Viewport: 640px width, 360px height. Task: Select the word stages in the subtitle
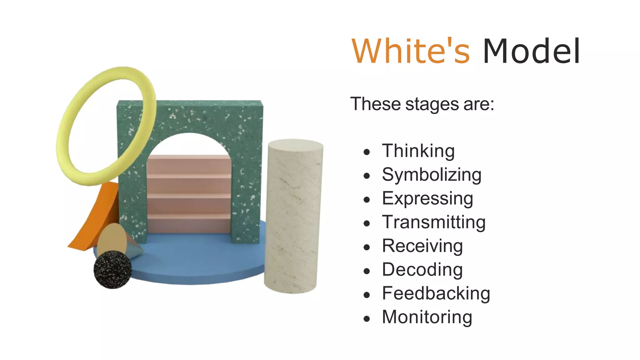432,104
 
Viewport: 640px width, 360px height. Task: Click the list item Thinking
418,151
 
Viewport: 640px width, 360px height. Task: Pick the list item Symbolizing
432,175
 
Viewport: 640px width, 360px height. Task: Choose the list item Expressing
427,198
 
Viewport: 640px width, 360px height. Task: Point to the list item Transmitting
434,222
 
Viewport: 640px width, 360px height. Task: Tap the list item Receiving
422,246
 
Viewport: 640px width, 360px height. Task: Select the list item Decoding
422,270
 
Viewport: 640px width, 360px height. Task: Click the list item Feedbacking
436,293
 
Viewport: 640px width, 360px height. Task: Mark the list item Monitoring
427,317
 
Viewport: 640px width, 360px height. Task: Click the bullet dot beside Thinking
367,152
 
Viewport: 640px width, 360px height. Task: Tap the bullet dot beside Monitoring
367,319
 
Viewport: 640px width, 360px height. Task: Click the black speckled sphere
112,269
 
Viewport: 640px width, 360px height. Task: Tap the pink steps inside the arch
189,194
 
